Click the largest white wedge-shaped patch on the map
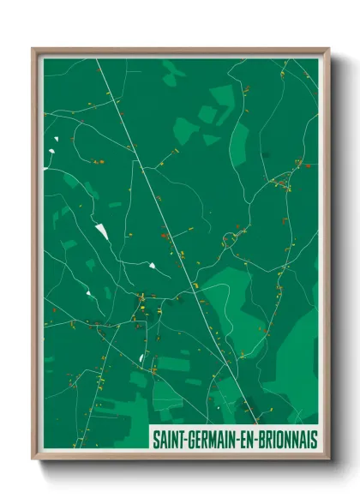(103, 231)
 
